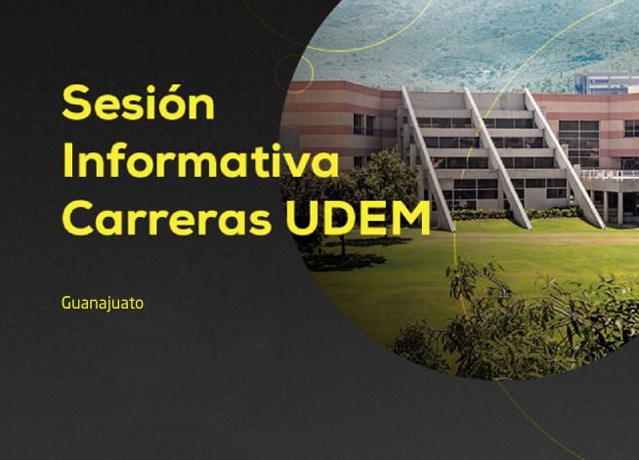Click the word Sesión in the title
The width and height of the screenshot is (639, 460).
click(x=138, y=102)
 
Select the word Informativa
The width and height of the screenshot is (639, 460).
click(x=200, y=160)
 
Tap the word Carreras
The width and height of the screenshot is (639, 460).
click(x=167, y=218)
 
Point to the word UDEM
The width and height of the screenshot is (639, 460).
click(x=358, y=218)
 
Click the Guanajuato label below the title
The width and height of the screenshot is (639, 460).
click(x=103, y=304)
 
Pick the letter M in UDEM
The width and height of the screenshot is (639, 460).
click(x=411, y=218)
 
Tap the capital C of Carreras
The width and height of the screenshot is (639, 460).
click(x=78, y=218)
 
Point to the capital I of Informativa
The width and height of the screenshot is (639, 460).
click(x=67, y=160)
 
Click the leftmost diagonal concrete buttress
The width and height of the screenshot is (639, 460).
click(x=428, y=159)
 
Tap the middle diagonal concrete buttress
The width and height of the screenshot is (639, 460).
click(x=497, y=159)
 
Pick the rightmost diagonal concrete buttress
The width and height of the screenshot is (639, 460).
click(x=565, y=159)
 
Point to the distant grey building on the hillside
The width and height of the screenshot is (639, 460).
click(x=607, y=83)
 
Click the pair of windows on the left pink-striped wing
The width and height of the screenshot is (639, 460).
click(x=363, y=124)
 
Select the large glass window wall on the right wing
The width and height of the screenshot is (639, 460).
click(x=578, y=144)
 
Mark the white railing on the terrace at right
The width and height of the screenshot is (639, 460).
click(x=610, y=175)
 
